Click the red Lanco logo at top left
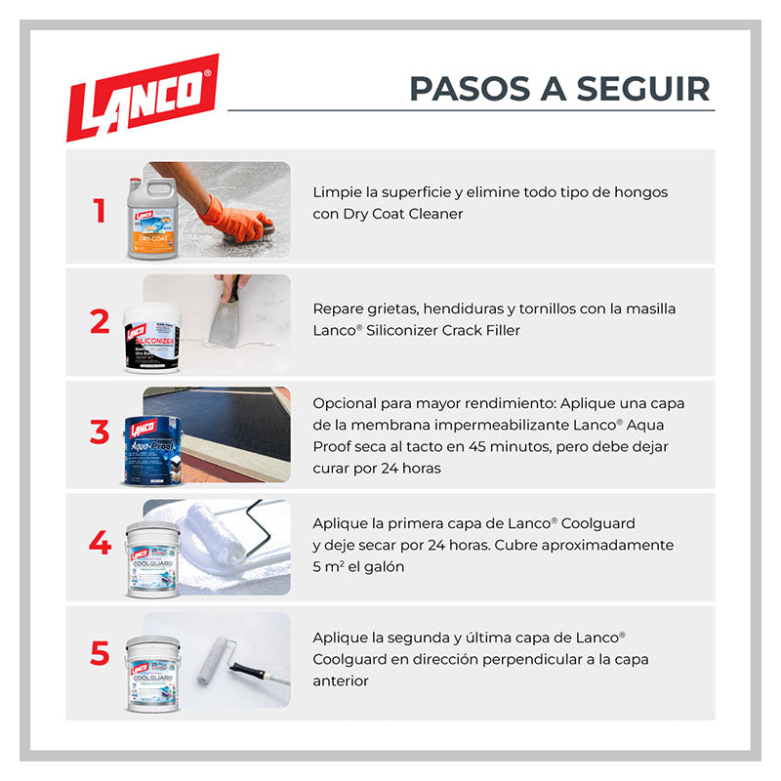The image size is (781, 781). click(x=143, y=97)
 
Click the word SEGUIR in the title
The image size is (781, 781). click(x=643, y=89)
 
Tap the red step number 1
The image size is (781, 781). click(x=100, y=211)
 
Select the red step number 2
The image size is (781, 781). click(x=100, y=321)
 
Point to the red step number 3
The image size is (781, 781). click(x=100, y=432)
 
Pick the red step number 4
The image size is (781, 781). click(x=100, y=543)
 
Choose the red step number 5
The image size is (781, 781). click(x=100, y=653)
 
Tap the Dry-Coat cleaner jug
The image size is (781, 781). click(x=152, y=218)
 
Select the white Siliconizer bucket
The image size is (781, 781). click(x=152, y=338)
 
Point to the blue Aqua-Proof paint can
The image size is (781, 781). click(x=153, y=451)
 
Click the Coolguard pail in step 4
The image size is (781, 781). click(x=153, y=559)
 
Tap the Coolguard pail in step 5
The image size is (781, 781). click(x=153, y=674)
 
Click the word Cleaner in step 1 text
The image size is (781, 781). click(x=435, y=214)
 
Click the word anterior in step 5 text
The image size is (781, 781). click(x=341, y=680)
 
